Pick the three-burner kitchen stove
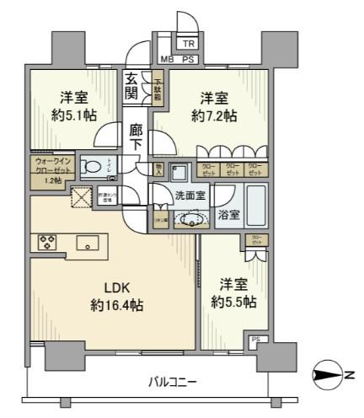coord(46,243)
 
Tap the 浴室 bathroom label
coord(228,215)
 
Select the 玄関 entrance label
coord(132,85)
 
